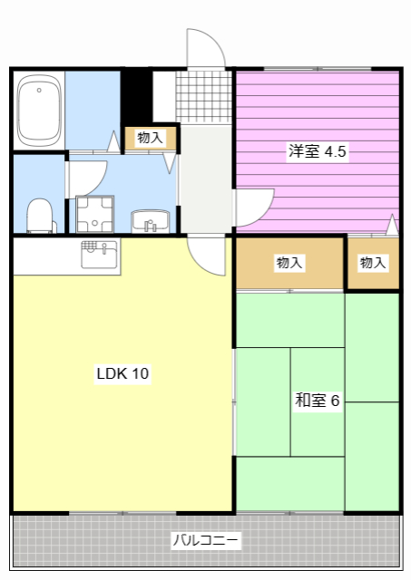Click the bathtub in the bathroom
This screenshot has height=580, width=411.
tap(38, 111)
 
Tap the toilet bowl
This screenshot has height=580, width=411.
tap(40, 216)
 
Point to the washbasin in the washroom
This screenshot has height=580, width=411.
tap(151, 221)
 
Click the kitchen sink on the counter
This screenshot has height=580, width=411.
tap(99, 255)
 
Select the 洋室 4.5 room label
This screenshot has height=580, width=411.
tap(317, 151)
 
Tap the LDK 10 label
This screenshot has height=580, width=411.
tap(123, 373)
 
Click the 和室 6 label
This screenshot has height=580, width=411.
tap(317, 400)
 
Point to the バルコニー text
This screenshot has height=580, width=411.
tap(206, 541)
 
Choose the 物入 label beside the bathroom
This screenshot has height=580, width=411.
tap(150, 138)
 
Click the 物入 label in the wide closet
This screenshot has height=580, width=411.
tap(289, 263)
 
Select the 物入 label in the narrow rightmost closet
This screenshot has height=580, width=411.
tap(373, 263)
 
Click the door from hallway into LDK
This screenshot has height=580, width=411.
tap(207, 256)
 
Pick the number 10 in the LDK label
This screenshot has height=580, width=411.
tap(140, 373)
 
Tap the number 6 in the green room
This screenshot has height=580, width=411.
tap(335, 400)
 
